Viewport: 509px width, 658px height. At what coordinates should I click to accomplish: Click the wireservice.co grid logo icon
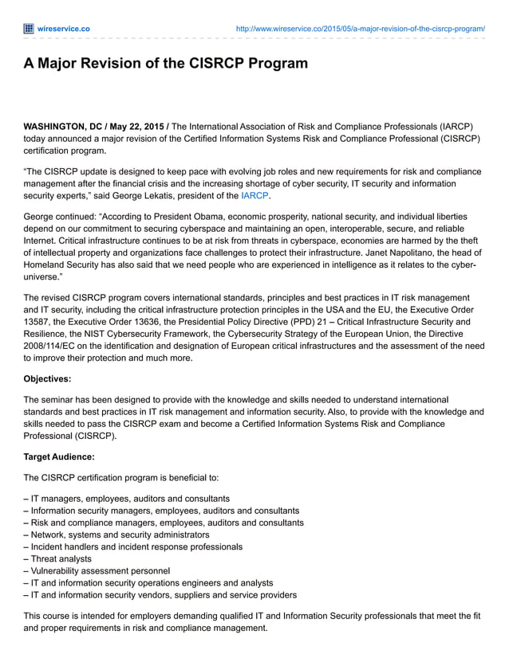tap(29, 29)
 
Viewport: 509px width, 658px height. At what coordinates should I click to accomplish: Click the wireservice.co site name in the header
tap(63, 29)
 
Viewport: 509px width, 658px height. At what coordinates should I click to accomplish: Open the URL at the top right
tap(361, 29)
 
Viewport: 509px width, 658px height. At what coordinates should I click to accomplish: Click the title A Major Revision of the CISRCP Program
tap(165, 64)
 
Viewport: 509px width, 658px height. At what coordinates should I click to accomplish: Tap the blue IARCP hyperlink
tap(254, 195)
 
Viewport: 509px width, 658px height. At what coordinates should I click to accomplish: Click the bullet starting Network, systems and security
tap(116, 535)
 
